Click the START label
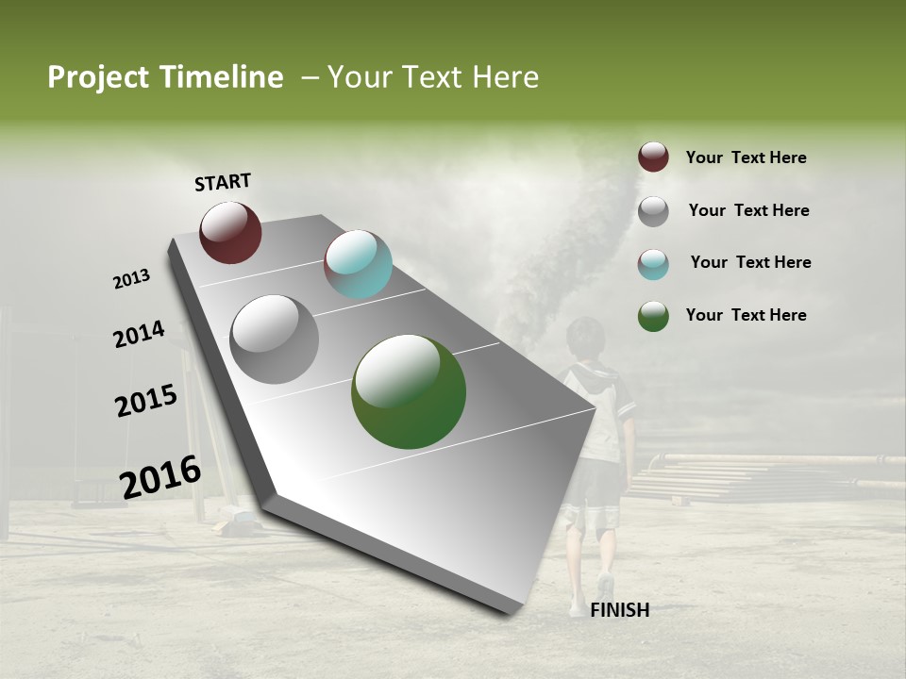pyautogui.click(x=223, y=182)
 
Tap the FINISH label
pyautogui.click(x=619, y=610)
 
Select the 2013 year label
pyautogui.click(x=132, y=279)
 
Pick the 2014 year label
pyautogui.click(x=140, y=334)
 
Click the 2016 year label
pyautogui.click(x=160, y=476)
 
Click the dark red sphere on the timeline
pyautogui.click(x=230, y=232)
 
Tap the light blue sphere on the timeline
pyautogui.click(x=358, y=264)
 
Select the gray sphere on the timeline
pyautogui.click(x=275, y=339)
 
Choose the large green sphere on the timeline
pyautogui.click(x=409, y=391)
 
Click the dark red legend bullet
pyautogui.click(x=653, y=157)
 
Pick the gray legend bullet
pyautogui.click(x=653, y=211)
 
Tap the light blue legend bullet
pyautogui.click(x=653, y=264)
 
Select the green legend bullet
pyautogui.click(x=653, y=316)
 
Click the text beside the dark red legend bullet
pyautogui.click(x=746, y=157)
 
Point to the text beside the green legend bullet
pyautogui.click(x=746, y=315)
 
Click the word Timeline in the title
pyautogui.click(x=221, y=77)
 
